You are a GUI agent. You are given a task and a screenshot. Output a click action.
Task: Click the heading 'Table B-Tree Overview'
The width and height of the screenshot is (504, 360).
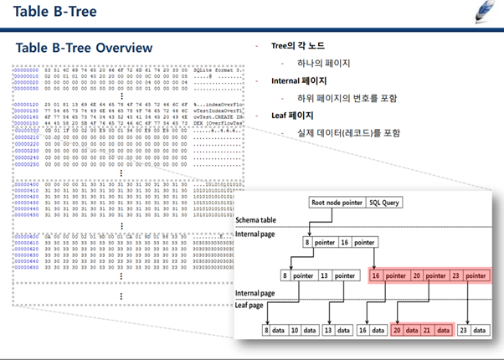tap(85, 47)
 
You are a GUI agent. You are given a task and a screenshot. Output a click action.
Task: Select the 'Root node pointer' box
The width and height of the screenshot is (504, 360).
tap(336, 203)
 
